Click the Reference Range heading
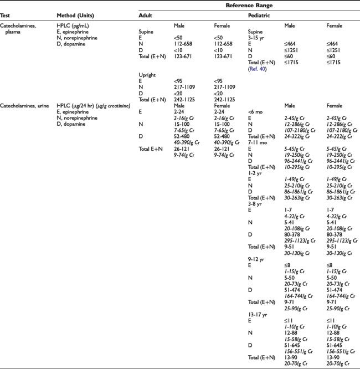tap(247, 5)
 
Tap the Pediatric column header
tap(260, 16)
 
